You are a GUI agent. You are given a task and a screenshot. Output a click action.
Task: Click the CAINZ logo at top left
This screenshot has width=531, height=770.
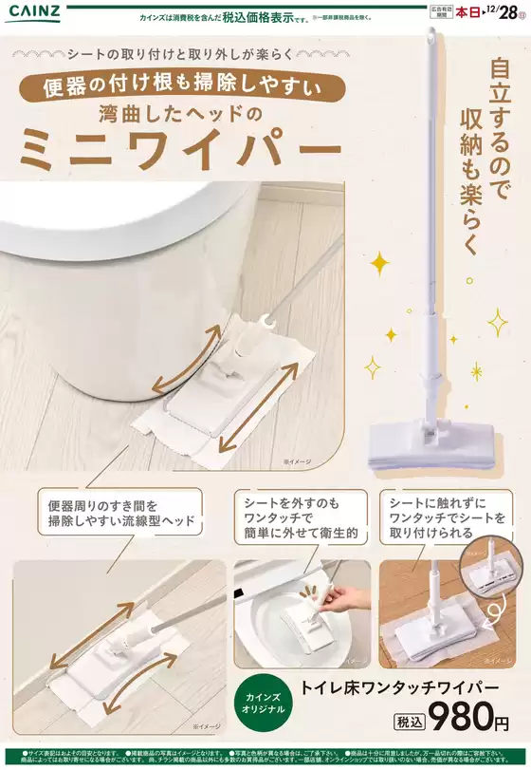click(x=37, y=12)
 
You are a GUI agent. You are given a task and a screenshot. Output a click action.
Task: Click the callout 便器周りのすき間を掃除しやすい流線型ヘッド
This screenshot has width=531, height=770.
click(x=120, y=512)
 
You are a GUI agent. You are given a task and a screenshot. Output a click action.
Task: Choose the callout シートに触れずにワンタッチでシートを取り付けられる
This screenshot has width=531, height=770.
click(x=448, y=517)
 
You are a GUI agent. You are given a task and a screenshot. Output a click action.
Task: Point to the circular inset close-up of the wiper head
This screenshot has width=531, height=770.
click(x=489, y=581)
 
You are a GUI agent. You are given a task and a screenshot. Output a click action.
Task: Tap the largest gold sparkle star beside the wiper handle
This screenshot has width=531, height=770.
click(x=379, y=262)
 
